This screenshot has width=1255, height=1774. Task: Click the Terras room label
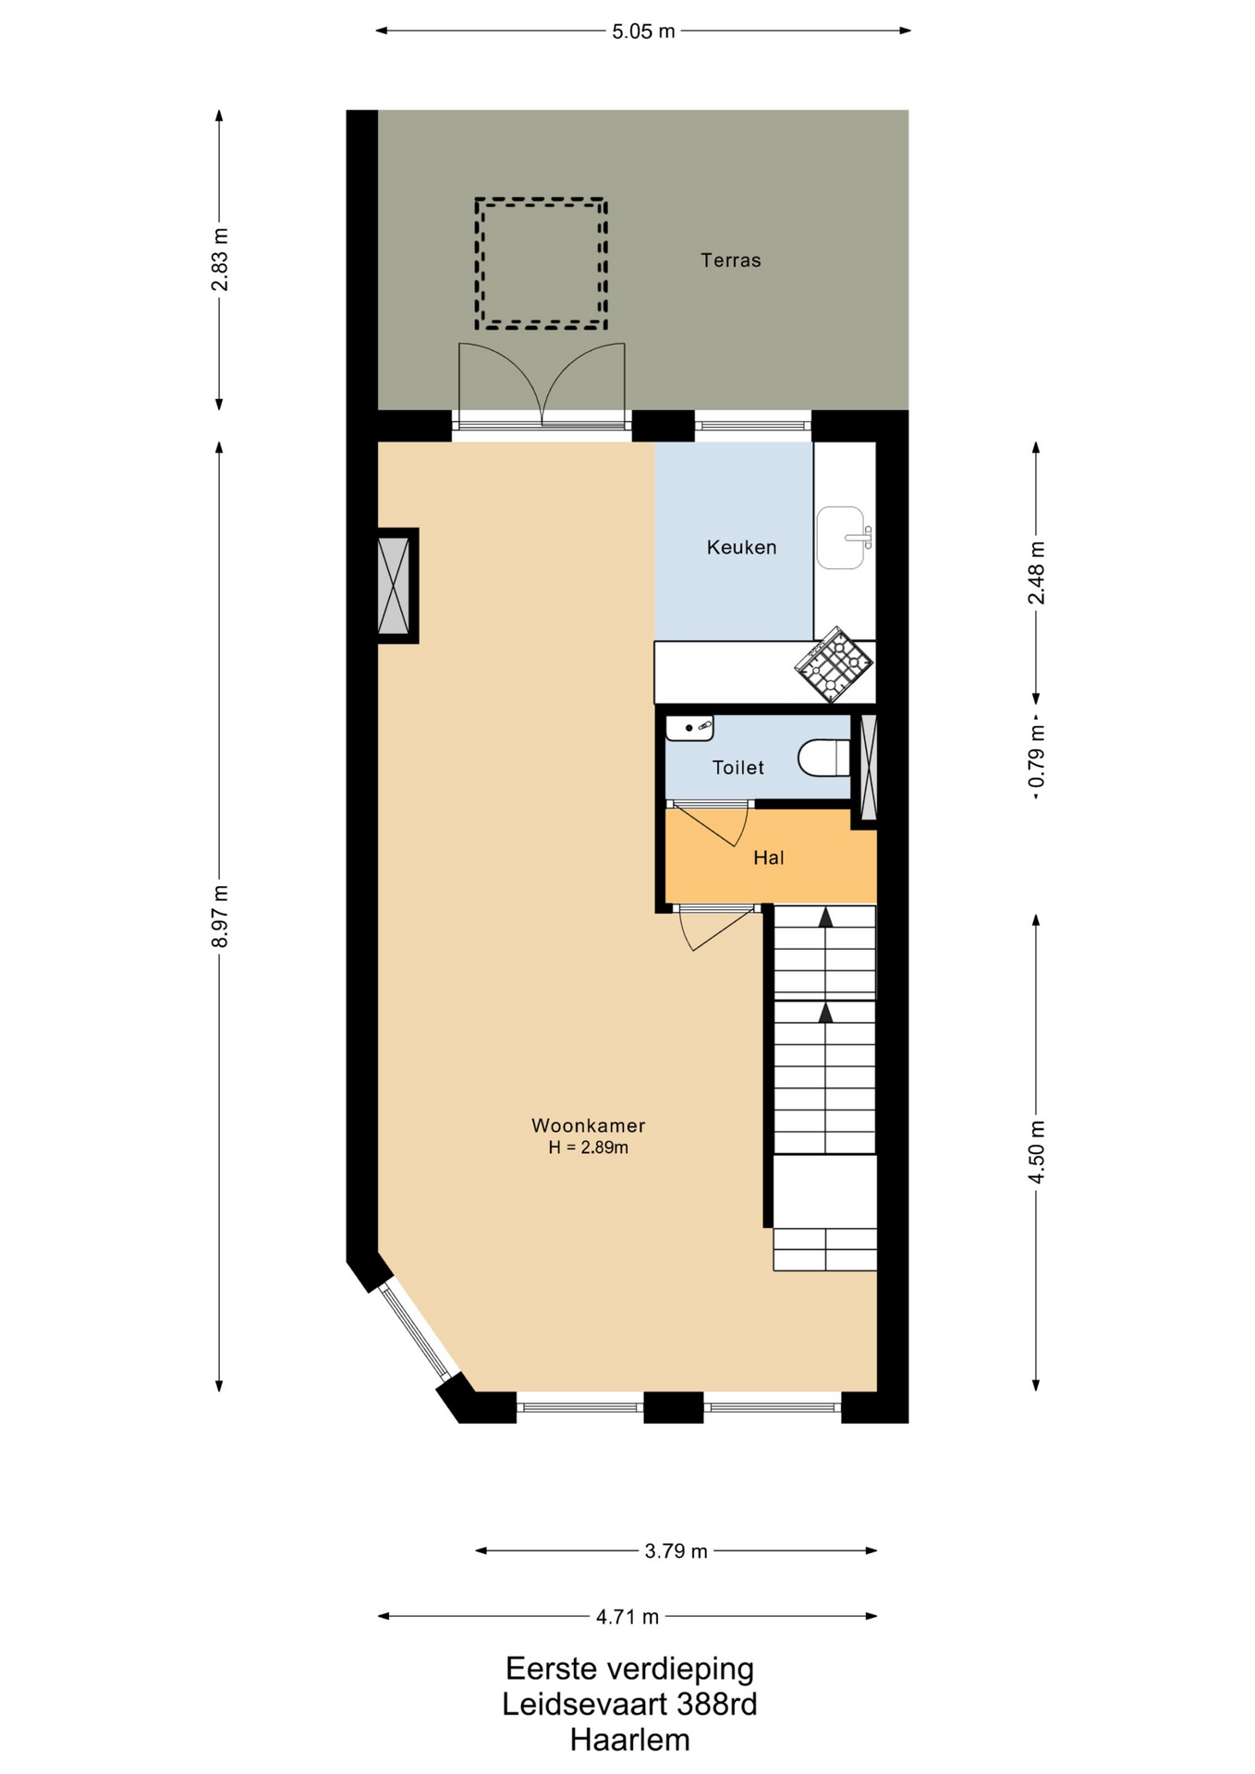click(730, 261)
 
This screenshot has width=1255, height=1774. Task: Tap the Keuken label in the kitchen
click(741, 547)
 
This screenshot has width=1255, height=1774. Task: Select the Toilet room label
click(737, 767)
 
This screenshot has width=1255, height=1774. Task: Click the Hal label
click(768, 857)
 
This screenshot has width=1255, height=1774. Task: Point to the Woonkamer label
click(588, 1125)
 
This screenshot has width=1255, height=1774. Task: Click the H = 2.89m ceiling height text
click(588, 1148)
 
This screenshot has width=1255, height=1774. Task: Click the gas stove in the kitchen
click(834, 663)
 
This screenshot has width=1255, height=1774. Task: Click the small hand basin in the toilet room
click(689, 728)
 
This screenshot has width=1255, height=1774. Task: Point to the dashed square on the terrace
click(542, 263)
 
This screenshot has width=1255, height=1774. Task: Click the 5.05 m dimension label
click(643, 31)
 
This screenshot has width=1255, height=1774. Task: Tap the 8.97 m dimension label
click(220, 916)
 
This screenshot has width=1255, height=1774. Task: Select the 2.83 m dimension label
click(220, 260)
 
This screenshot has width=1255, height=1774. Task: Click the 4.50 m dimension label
click(1037, 1151)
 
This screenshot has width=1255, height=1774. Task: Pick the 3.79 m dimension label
click(676, 1551)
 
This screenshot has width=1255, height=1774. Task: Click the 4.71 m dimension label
click(627, 1617)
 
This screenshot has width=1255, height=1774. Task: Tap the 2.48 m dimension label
click(1037, 573)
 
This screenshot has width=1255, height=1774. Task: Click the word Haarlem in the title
click(629, 1740)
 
